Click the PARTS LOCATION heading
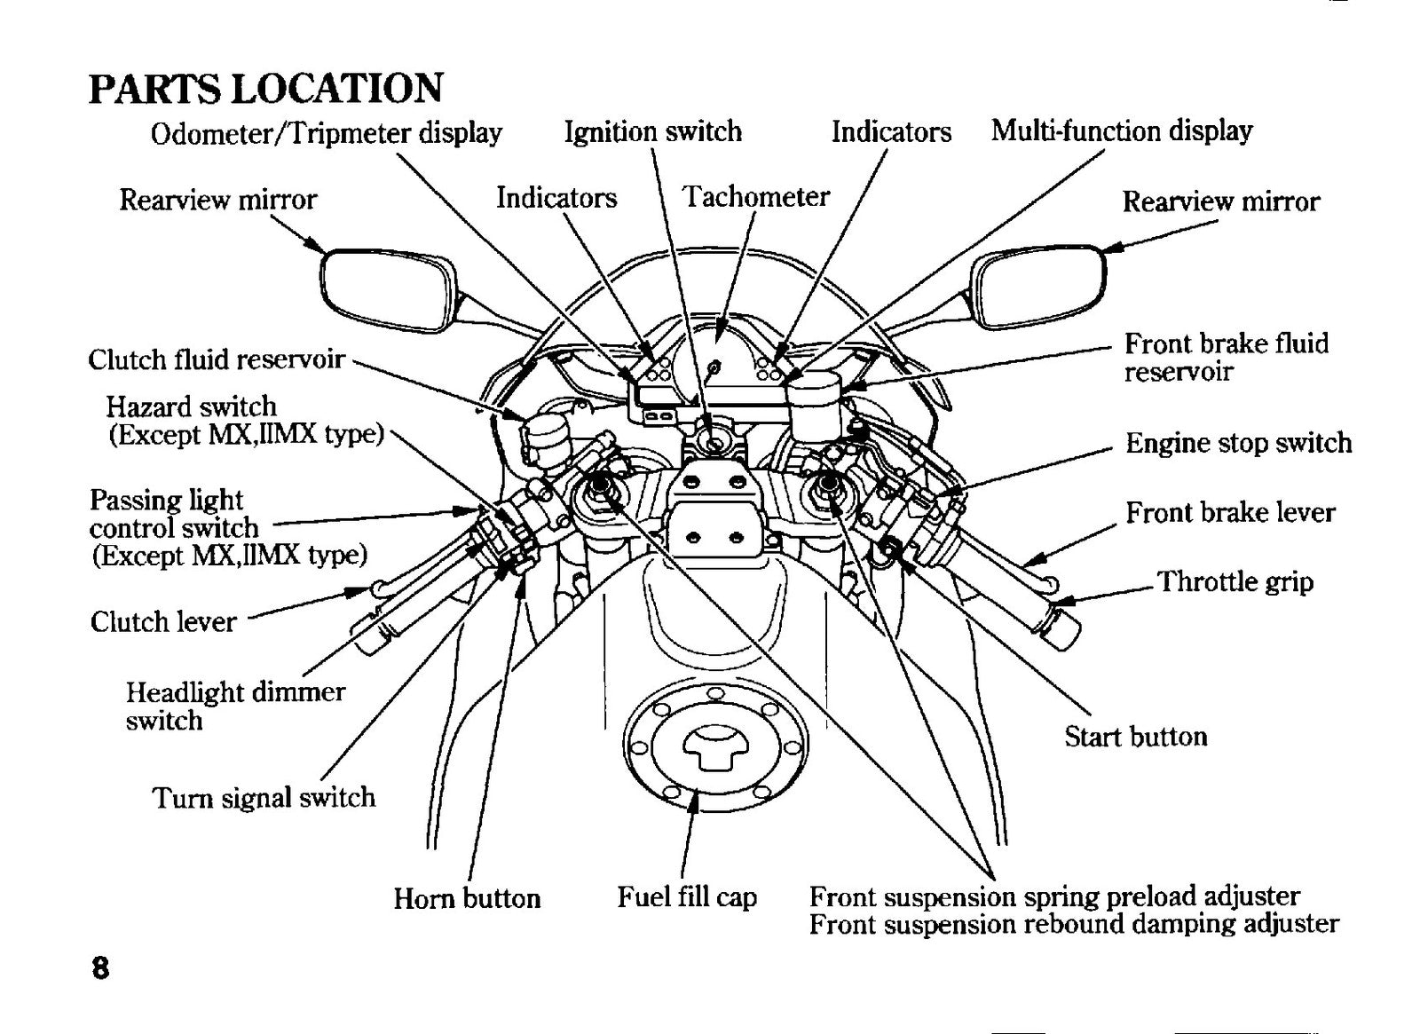pyautogui.click(x=265, y=88)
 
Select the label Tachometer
pyautogui.click(x=755, y=196)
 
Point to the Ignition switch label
pyautogui.click(x=653, y=132)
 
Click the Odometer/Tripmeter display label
pyautogui.click(x=327, y=133)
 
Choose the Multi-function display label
pyautogui.click(x=1122, y=131)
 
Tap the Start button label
pyautogui.click(x=1135, y=737)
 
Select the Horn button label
pyautogui.click(x=467, y=898)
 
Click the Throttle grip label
pyautogui.click(x=1235, y=582)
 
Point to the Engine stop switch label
pyautogui.click(x=1239, y=443)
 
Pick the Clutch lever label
pyautogui.click(x=163, y=622)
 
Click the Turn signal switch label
pyautogui.click(x=264, y=798)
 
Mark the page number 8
pyautogui.click(x=100, y=968)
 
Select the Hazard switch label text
pyautogui.click(x=192, y=406)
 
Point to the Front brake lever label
pyautogui.click(x=1230, y=512)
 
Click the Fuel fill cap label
pyautogui.click(x=687, y=897)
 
